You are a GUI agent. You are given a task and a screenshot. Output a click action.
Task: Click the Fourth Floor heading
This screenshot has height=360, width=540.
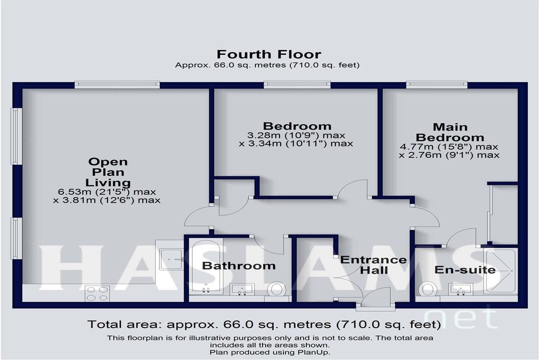tap(268, 54)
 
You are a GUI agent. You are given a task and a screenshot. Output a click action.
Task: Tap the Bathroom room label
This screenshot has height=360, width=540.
tap(239, 266)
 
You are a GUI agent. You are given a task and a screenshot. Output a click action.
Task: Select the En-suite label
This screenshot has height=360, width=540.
tap(465, 269)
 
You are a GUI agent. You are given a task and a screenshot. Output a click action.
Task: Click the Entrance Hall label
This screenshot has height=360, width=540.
tap(374, 265)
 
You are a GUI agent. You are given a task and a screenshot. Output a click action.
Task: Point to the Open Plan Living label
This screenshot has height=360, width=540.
tap(108, 172)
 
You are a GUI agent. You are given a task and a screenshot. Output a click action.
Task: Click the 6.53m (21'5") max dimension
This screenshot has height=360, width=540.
tap(107, 192)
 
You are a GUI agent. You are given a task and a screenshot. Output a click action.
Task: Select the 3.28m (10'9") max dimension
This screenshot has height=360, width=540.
tap(296, 135)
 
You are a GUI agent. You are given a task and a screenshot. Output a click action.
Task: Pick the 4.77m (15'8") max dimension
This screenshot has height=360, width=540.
tap(449, 147)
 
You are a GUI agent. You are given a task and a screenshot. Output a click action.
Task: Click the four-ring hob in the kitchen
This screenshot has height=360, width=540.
tap(98, 294)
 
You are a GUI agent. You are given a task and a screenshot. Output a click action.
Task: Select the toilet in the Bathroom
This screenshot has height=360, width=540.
tap(276, 289)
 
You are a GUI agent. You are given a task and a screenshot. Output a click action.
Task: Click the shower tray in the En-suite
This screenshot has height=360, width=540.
tap(499, 271)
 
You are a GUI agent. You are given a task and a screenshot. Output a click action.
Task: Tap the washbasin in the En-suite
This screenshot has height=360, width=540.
tap(460, 289)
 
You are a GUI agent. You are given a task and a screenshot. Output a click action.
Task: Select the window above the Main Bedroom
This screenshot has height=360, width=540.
tap(437, 85)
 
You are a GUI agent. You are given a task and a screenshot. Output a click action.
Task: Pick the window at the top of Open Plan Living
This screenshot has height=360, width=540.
tap(117, 85)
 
